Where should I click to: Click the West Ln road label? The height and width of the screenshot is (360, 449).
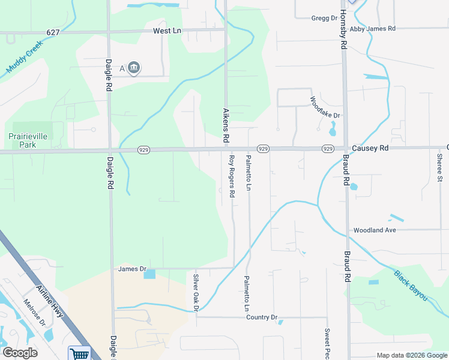point(167,31)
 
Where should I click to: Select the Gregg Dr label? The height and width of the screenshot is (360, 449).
point(324,18)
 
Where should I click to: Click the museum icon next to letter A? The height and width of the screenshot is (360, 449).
point(134,68)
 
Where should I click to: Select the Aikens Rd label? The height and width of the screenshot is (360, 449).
point(226,125)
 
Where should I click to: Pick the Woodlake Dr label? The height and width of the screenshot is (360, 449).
point(325,107)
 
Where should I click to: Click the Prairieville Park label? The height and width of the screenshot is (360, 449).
point(27,140)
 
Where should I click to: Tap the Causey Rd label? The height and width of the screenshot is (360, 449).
point(370,148)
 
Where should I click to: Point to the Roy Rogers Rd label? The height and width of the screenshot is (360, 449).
point(232,173)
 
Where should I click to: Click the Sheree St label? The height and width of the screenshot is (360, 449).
point(439,167)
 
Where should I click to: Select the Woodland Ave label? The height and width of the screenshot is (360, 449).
point(375,230)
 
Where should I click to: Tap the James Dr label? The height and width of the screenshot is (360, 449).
point(132,269)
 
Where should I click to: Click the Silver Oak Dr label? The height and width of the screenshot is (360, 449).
point(196,293)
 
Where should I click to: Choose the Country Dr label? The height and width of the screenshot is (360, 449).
point(262,317)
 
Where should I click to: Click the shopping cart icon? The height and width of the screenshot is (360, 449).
point(79,353)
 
